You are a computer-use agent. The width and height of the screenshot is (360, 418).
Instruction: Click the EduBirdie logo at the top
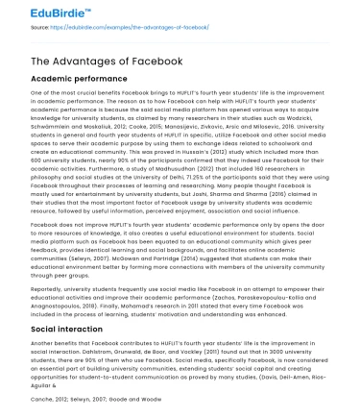click(x=43, y=12)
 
